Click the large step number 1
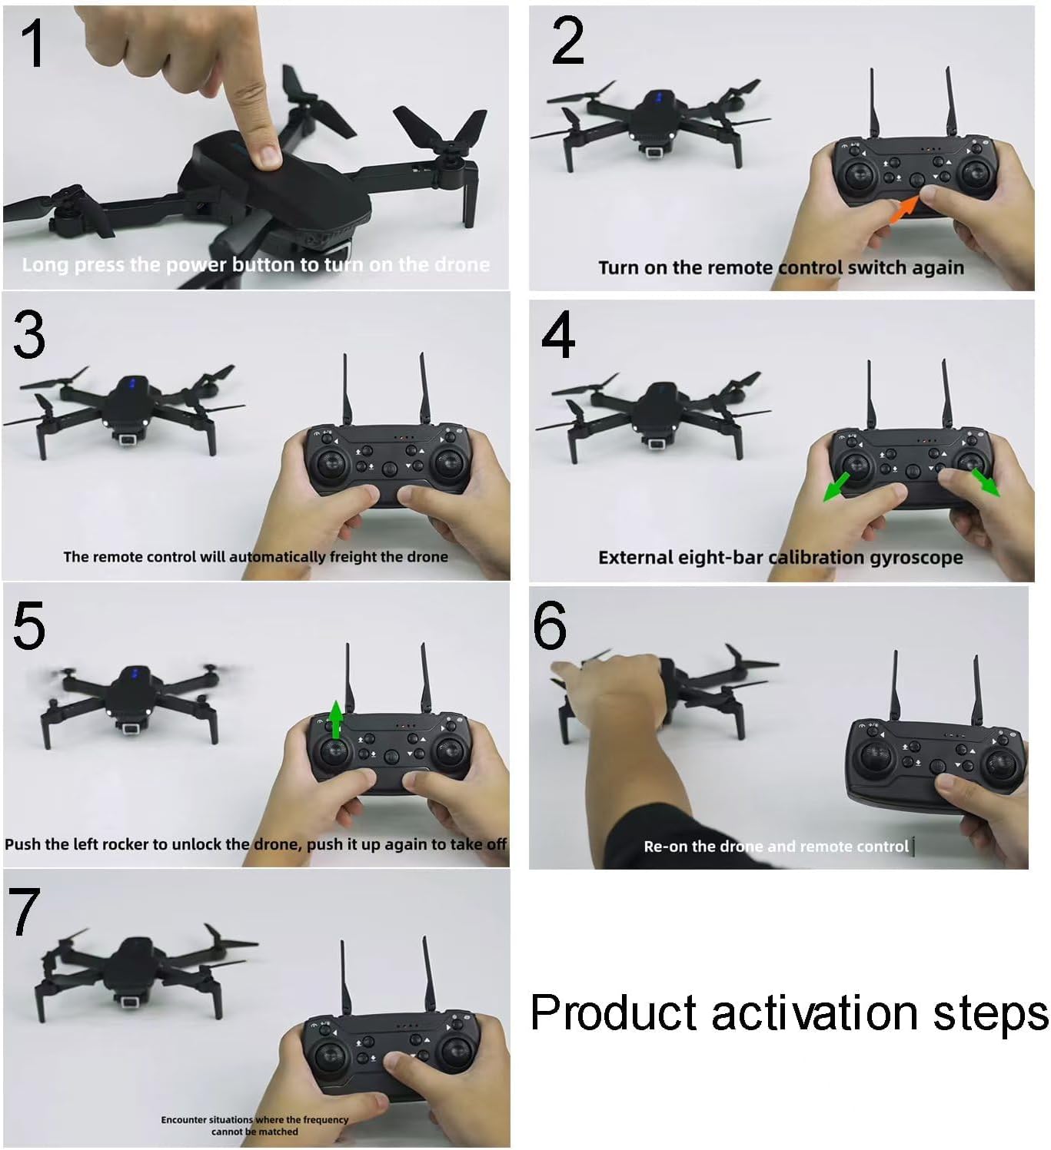pyautogui.click(x=33, y=43)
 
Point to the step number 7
pyautogui.click(x=25, y=912)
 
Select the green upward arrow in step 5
pyautogui.click(x=336, y=719)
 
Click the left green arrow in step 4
pyautogui.click(x=837, y=486)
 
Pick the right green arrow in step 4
pyautogui.click(x=985, y=482)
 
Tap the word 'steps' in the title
pyautogui.click(x=991, y=1015)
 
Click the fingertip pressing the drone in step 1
pyautogui.click(x=266, y=157)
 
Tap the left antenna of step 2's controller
pyautogui.click(x=873, y=103)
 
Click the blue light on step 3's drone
pyautogui.click(x=132, y=383)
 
